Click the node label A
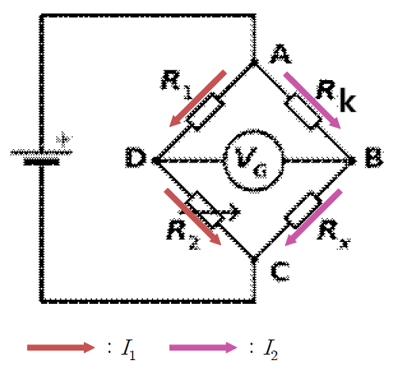[280, 54]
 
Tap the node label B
[374, 158]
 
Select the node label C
[280, 271]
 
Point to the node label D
[136, 158]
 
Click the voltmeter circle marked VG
[253, 160]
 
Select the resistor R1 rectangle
[205, 112]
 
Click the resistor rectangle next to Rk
[303, 112]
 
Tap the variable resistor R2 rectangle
[204, 209]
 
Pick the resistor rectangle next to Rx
[303, 210]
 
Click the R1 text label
[177, 85]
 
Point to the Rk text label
[337, 96]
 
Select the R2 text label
[183, 235]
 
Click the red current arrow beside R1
[198, 98]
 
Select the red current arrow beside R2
[192, 217]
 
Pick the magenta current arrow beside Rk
[312, 101]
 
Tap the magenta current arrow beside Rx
[314, 217]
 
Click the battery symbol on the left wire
[41, 157]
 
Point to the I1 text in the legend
[128, 350]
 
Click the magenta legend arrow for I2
[203, 347]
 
